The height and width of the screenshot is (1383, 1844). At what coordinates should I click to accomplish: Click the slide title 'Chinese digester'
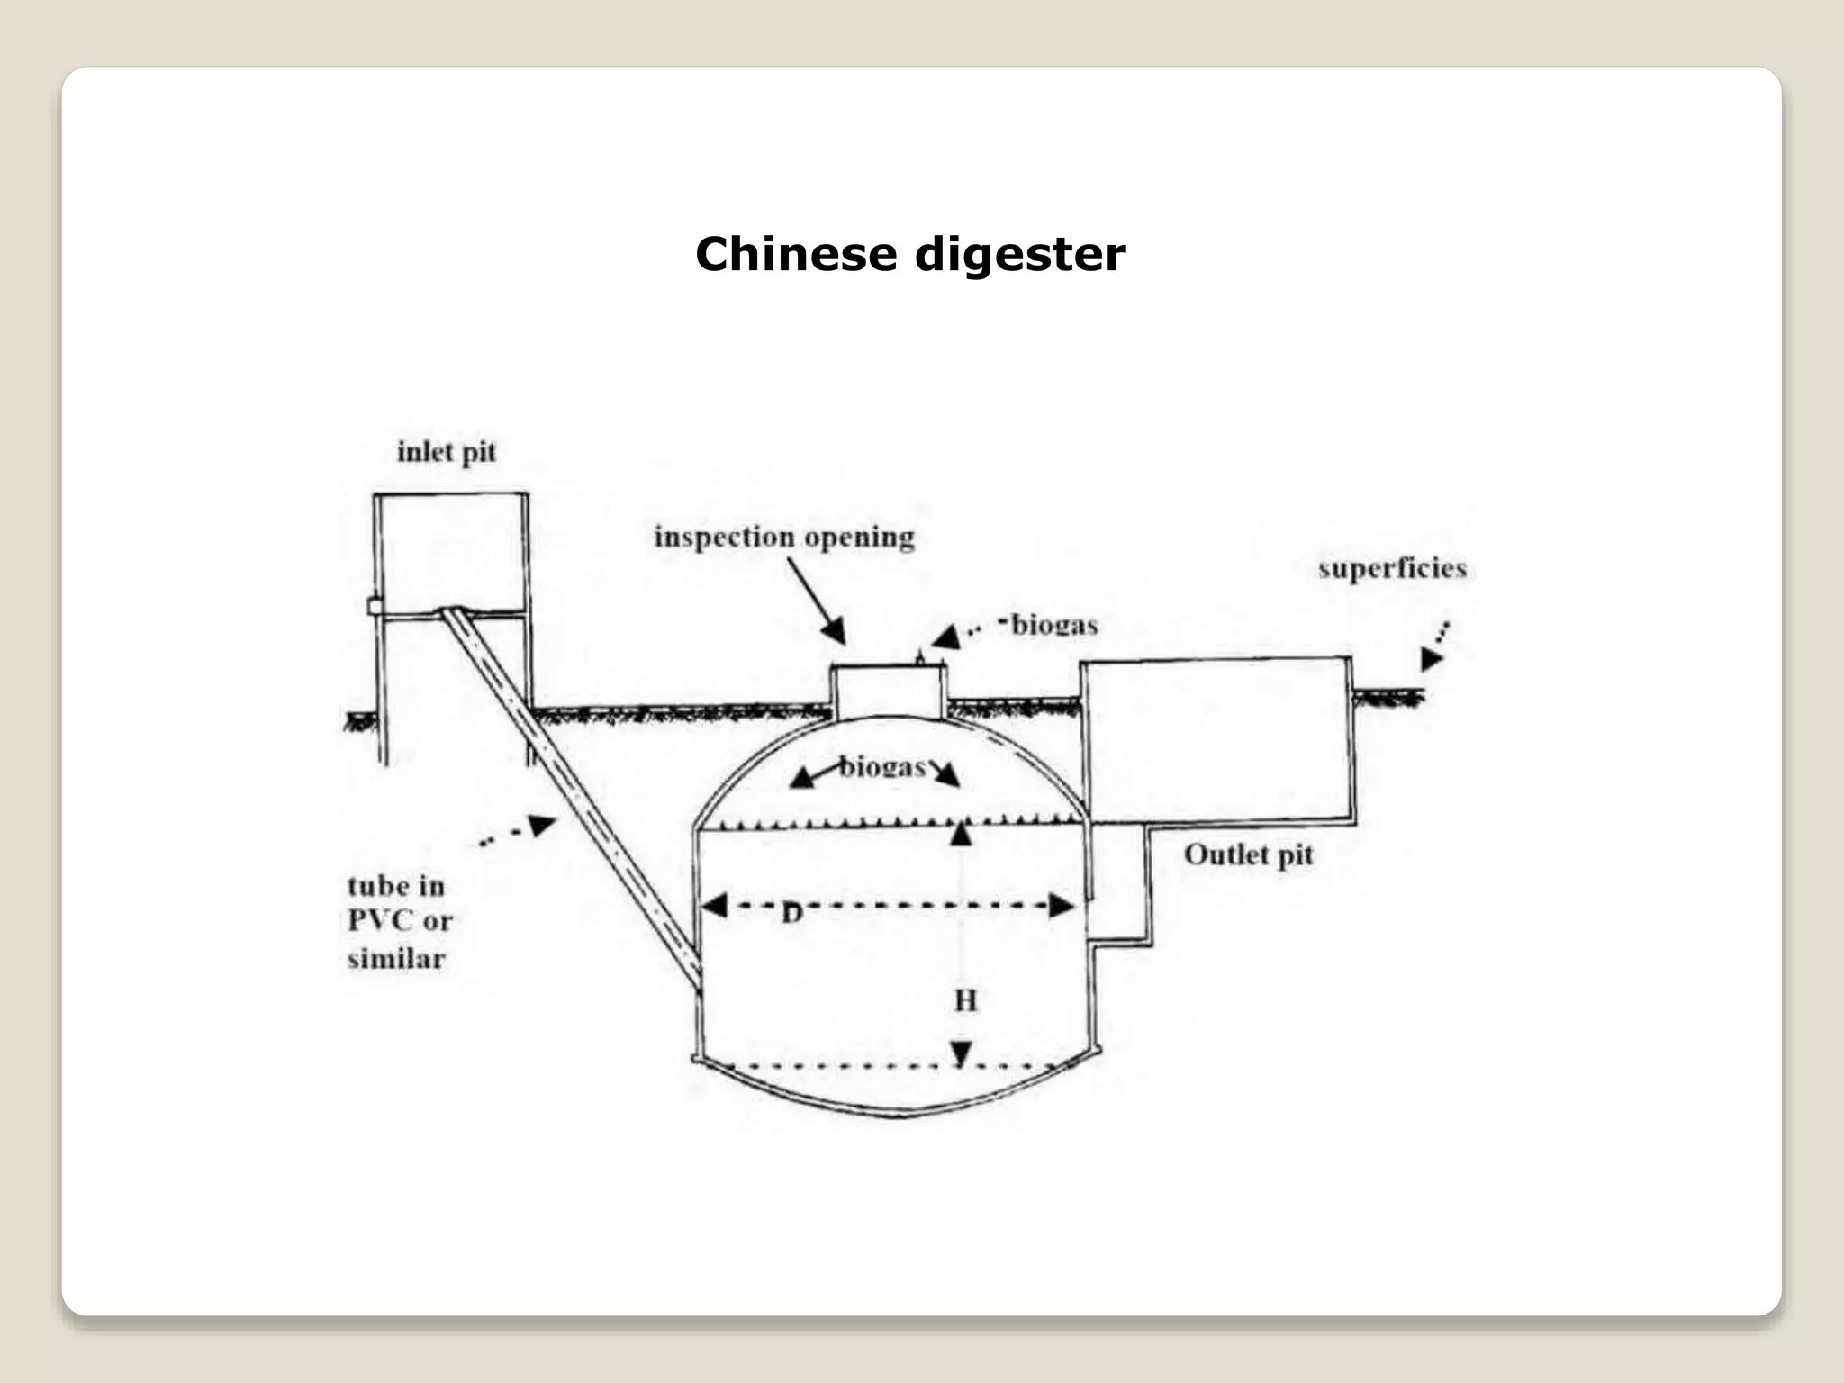pos(909,255)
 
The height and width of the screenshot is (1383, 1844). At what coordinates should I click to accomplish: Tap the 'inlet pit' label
pos(447,452)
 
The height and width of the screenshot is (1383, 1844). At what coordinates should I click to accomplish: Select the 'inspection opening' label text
pos(783,538)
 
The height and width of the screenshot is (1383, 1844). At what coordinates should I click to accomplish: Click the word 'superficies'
pos(1392,569)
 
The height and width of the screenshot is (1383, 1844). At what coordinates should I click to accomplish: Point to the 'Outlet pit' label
pos(1248,854)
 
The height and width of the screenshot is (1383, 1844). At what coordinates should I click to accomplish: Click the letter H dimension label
pos(965,1000)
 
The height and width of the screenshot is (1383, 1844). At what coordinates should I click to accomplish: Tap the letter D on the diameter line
pos(791,915)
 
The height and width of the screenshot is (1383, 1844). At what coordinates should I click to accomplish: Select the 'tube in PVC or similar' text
pos(399,922)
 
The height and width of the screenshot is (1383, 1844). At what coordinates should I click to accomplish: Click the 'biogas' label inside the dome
pos(882,767)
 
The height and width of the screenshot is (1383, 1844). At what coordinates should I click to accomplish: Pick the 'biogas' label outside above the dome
pos(1053,625)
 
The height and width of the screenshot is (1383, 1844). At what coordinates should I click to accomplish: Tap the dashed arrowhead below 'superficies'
pos(1430,659)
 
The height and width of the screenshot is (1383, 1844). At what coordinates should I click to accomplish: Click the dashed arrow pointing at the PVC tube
pos(540,826)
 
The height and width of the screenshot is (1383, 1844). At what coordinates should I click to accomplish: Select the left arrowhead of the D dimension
pos(714,905)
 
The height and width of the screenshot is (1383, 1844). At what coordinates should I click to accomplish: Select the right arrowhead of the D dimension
pos(1062,906)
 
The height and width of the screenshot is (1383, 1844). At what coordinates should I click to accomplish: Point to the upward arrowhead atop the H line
pos(962,834)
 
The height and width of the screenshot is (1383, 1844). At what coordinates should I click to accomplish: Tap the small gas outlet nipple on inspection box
pos(919,658)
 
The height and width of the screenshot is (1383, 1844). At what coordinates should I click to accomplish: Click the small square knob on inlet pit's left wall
pos(373,606)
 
